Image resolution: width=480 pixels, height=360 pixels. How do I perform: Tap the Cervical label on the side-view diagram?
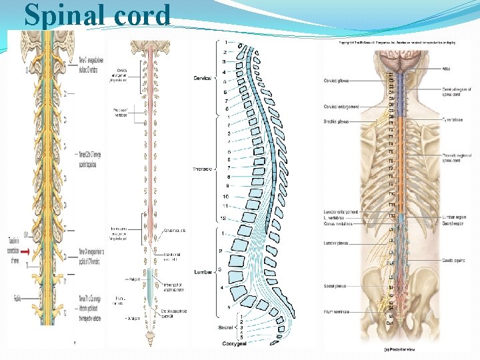click(x=202, y=79)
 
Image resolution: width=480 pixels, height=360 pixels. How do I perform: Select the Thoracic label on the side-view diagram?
click(x=202, y=169)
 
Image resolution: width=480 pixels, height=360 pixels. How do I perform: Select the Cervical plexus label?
click(x=337, y=81)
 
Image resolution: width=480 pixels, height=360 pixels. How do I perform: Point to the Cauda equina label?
click(x=453, y=261)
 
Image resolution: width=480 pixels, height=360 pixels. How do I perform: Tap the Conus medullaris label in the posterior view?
click(x=339, y=223)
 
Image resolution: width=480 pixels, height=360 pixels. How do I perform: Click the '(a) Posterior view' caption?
click(x=402, y=347)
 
